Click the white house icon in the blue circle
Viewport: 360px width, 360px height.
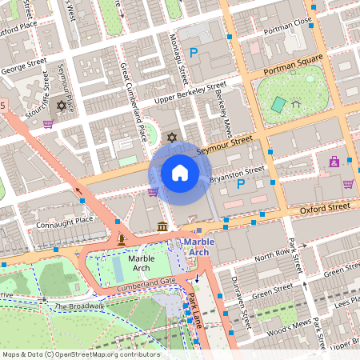pyautogui.click(x=180, y=172)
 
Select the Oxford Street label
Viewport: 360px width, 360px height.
pyautogui.click(x=324, y=207)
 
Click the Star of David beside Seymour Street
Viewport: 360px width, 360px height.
pyautogui.click(x=171, y=138)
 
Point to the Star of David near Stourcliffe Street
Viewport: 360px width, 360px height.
pyautogui.click(x=61, y=105)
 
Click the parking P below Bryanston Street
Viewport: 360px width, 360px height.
pyautogui.click(x=242, y=183)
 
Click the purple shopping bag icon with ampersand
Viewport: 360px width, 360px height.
pyautogui.click(x=334, y=162)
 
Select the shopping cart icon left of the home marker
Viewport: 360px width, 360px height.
pyautogui.click(x=152, y=192)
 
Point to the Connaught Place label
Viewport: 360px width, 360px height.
pyautogui.click(x=65, y=221)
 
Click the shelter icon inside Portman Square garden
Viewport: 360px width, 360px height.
pyautogui.click(x=296, y=102)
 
